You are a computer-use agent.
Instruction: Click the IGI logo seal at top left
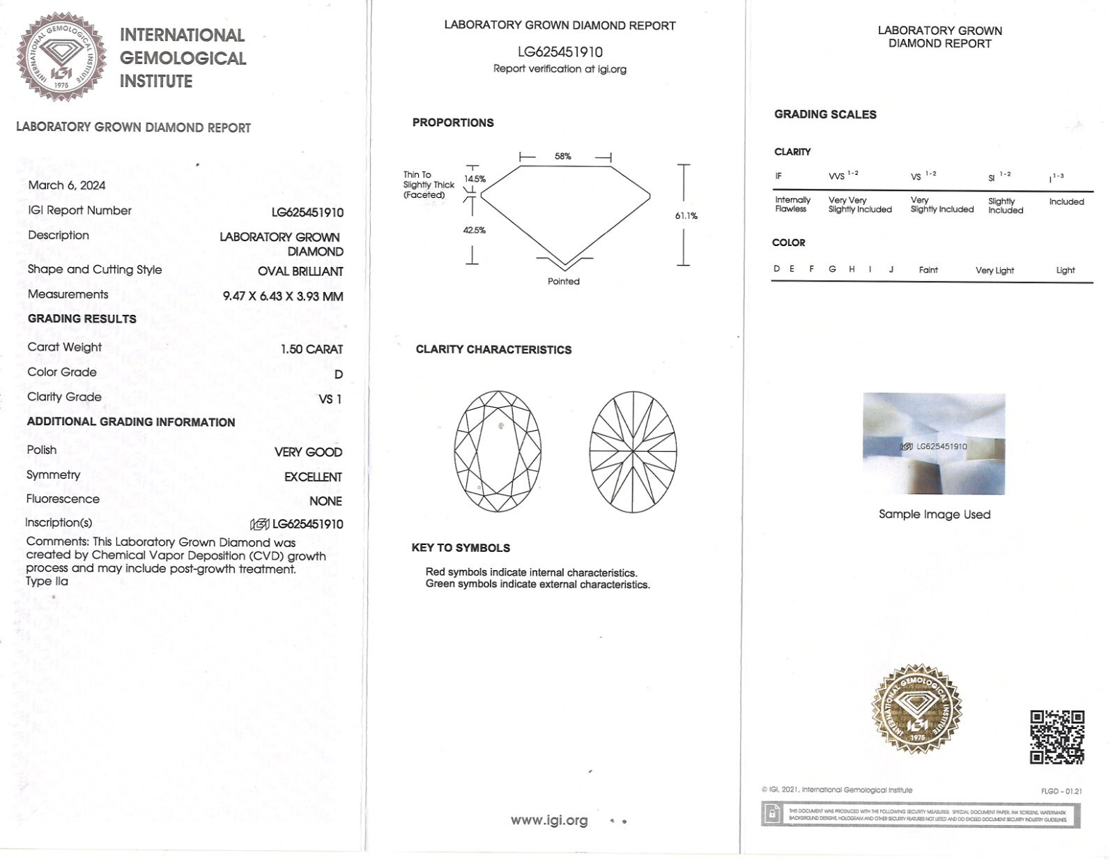pyautogui.click(x=61, y=56)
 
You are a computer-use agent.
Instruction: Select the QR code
pyautogui.click(x=1056, y=737)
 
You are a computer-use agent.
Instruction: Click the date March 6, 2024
pyautogui.click(x=67, y=185)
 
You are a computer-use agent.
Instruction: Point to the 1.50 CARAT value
pyautogui.click(x=312, y=349)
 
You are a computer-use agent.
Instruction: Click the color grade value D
pyautogui.click(x=339, y=375)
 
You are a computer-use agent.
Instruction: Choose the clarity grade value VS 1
pyautogui.click(x=330, y=399)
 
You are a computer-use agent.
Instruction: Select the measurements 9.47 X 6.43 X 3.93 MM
pyautogui.click(x=283, y=296)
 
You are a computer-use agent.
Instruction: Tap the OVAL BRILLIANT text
pyautogui.click(x=300, y=271)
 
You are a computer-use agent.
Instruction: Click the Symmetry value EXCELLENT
pyautogui.click(x=313, y=477)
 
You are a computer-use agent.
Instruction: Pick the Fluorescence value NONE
pyautogui.click(x=325, y=501)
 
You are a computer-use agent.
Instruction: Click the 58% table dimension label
pyautogui.click(x=563, y=157)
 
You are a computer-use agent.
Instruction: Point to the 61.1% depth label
pyautogui.click(x=686, y=216)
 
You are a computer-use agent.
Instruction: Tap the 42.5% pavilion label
pyautogui.click(x=475, y=230)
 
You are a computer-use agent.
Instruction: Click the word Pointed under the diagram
pyautogui.click(x=564, y=282)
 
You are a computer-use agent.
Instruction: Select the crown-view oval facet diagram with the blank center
pyautogui.click(x=498, y=451)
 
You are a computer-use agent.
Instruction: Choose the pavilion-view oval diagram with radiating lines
pyautogui.click(x=633, y=452)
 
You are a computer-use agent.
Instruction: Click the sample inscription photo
pyautogui.click(x=934, y=444)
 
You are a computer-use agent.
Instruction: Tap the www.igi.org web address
pyautogui.click(x=549, y=820)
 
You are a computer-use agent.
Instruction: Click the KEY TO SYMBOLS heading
pyautogui.click(x=461, y=548)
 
